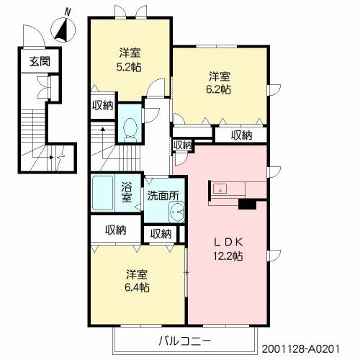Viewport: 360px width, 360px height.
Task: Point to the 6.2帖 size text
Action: (220, 90)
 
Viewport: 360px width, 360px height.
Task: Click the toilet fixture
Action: (130, 127)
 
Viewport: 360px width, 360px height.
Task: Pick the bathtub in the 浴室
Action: (104, 194)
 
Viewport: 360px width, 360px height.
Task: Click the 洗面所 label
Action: (163, 194)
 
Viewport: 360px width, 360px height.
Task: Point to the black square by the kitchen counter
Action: (247, 204)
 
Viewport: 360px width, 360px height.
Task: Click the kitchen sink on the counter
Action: (220, 190)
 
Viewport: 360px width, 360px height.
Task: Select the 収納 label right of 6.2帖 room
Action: (242, 134)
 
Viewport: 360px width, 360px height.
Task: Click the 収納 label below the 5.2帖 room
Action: (102, 105)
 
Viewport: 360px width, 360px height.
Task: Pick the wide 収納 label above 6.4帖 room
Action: (115, 230)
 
